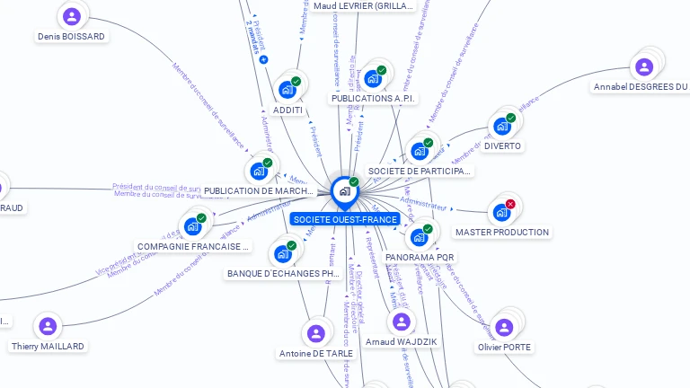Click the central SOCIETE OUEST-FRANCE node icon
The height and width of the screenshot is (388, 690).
[344, 191]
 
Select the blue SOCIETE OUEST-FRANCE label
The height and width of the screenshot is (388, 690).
[345, 219]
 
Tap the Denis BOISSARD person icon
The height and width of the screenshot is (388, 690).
[72, 16]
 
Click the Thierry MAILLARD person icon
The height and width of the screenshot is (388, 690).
[48, 325]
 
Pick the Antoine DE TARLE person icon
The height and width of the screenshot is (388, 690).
[315, 333]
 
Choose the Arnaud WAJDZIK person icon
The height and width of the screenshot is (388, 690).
[402, 322]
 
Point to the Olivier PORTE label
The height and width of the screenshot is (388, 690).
[504, 347]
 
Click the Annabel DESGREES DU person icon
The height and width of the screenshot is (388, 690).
[644, 66]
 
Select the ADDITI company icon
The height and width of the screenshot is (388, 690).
[287, 90]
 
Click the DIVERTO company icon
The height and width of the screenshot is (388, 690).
[502, 126]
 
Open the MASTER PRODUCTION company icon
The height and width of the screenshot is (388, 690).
[501, 213]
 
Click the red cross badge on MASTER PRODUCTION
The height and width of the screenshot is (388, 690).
[510, 204]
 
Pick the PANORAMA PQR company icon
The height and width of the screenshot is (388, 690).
[419, 237]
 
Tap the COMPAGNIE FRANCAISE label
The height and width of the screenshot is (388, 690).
[193, 246]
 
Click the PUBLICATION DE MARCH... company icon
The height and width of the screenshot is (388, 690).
[259, 171]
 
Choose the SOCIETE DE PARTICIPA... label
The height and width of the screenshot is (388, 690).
[420, 171]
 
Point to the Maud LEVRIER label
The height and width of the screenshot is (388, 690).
[364, 6]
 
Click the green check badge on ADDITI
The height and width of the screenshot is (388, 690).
[296, 82]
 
